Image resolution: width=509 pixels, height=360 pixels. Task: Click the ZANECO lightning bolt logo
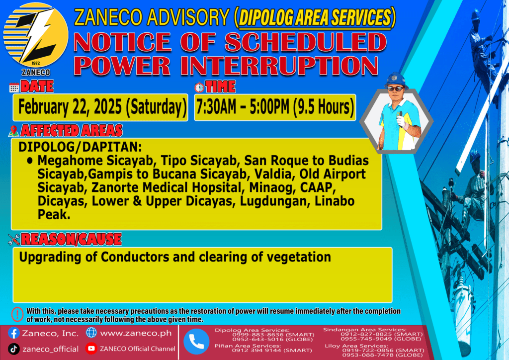[x=36, y=36]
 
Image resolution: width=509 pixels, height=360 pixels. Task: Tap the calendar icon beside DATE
[x=14, y=88]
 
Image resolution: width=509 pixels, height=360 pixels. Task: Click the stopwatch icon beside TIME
[x=199, y=88]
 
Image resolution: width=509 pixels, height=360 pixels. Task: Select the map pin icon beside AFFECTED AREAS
[x=13, y=131]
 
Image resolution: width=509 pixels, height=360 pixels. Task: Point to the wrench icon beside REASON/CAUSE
[x=14, y=240]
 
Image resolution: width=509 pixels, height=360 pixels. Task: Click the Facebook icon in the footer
[x=13, y=333]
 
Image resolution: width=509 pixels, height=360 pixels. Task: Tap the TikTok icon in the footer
[x=13, y=349]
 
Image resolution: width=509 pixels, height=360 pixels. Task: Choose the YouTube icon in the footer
[x=91, y=348]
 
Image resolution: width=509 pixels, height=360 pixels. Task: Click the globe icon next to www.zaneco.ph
[x=91, y=333]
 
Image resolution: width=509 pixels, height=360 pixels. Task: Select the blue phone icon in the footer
[x=196, y=342]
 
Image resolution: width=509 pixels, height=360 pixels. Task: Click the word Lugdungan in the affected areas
[x=274, y=201]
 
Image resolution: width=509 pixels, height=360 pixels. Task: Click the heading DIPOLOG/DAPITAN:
[x=80, y=147]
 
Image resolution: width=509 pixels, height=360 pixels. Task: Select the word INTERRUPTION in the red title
[x=279, y=66]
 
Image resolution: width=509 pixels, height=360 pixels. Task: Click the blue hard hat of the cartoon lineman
[x=395, y=80]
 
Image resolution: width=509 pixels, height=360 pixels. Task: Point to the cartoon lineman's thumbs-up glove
[x=402, y=120]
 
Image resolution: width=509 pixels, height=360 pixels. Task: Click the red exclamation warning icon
[x=17, y=314]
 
